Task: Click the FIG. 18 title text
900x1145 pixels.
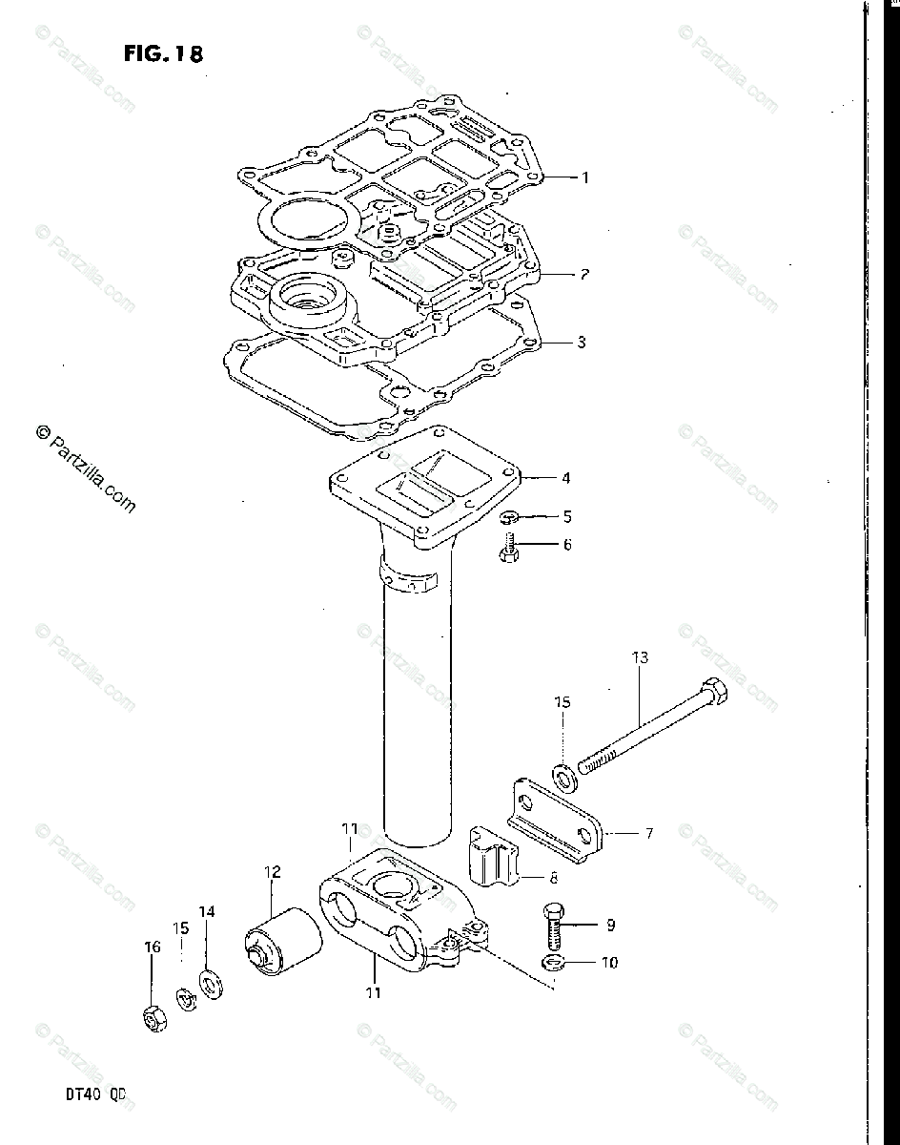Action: (x=163, y=53)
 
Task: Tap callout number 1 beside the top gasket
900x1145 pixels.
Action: (x=585, y=177)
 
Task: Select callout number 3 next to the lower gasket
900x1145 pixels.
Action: (x=582, y=343)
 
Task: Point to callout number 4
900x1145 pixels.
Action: (x=566, y=477)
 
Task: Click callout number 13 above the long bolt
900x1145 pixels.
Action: (x=639, y=656)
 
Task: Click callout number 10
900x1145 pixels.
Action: (x=608, y=962)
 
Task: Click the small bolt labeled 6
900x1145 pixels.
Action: (x=509, y=550)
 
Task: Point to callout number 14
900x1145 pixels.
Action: (x=207, y=911)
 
